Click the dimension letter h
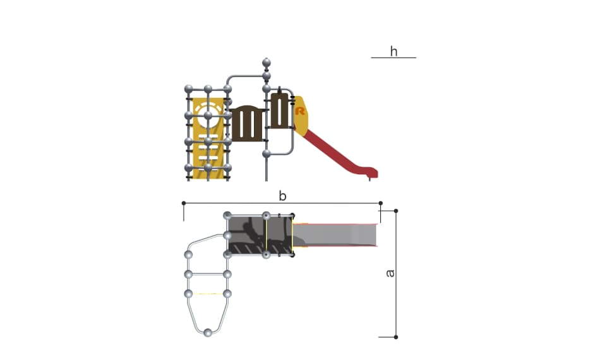(x=393, y=51)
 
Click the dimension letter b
(x=282, y=196)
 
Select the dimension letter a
(x=390, y=273)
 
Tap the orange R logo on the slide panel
(x=300, y=111)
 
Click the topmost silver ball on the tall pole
(x=267, y=63)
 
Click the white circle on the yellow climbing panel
(x=208, y=115)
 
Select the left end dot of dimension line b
(x=184, y=203)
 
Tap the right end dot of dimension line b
(x=380, y=203)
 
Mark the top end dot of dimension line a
(x=396, y=211)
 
